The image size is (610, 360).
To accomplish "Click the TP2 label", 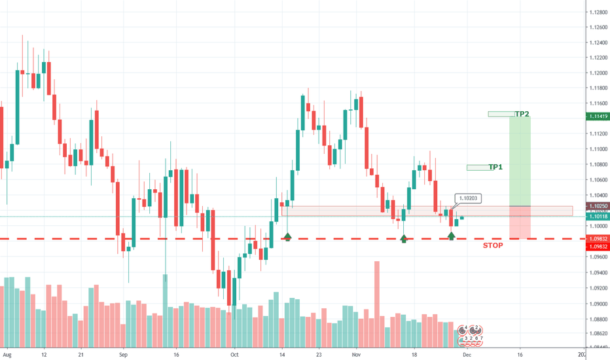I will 522,114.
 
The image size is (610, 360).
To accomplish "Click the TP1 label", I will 495,167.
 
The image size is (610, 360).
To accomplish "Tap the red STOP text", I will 493,245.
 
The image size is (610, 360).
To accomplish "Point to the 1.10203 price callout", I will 468,198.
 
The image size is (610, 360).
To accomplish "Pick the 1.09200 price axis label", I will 596,288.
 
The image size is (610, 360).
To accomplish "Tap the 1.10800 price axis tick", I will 596,165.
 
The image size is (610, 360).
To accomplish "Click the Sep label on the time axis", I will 124,353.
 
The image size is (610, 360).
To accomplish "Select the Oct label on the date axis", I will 234,353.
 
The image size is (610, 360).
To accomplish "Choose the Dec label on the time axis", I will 465,353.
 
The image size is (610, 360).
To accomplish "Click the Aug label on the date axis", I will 8,353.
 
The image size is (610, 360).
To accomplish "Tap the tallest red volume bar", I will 377,304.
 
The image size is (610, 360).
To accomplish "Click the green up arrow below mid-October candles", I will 287,236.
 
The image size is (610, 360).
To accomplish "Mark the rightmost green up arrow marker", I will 452,236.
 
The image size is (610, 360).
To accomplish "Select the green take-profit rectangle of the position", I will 520,160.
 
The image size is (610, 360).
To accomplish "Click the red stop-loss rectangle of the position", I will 520,223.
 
